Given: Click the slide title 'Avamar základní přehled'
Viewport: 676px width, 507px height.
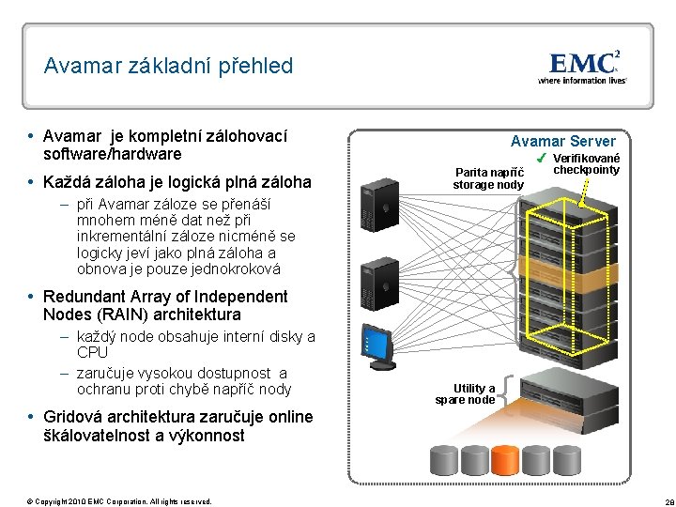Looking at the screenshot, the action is [168, 66].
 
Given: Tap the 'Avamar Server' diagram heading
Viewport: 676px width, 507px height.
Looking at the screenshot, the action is [562, 141].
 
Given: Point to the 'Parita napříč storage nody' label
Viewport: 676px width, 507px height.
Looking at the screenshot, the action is [488, 178].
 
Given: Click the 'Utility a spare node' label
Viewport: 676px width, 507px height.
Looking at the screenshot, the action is [466, 393].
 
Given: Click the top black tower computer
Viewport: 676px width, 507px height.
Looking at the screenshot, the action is [382, 197].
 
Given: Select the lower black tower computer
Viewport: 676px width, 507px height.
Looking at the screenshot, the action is [382, 278].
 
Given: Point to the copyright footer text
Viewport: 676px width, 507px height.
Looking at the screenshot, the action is [119, 500].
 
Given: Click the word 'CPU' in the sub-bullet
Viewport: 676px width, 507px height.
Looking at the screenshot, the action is [92, 353].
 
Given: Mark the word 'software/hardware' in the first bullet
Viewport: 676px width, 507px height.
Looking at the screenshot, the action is [113, 154].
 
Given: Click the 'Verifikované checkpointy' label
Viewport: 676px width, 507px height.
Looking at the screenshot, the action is [586, 163].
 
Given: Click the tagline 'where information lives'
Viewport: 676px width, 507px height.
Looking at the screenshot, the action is [581, 81].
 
